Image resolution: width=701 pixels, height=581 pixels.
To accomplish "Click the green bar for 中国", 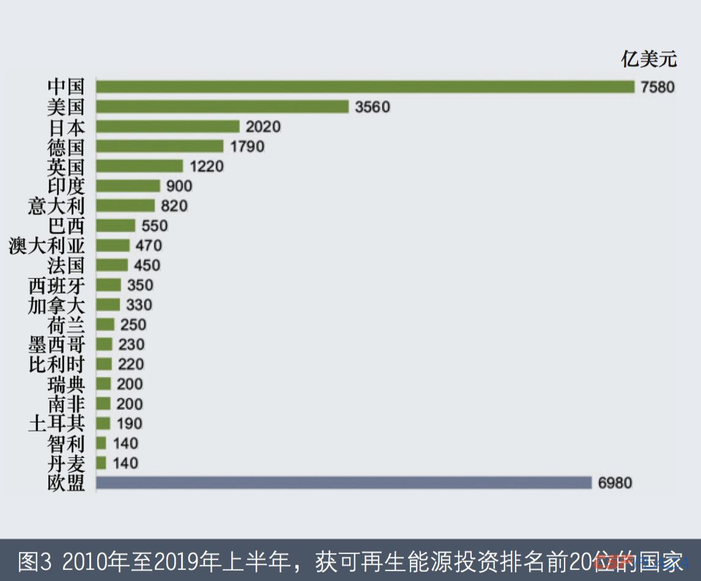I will (x=365, y=87).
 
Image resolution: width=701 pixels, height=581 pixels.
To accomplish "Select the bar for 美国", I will (x=222, y=107).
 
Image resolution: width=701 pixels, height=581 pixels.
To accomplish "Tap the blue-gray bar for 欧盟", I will (x=344, y=483).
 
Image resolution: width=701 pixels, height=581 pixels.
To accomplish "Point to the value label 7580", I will (x=658, y=87).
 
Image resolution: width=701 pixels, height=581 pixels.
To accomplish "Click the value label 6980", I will (x=615, y=483).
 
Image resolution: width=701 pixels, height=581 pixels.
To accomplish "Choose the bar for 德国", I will (x=160, y=147).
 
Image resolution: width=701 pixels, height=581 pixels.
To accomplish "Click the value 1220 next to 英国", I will (x=207, y=166).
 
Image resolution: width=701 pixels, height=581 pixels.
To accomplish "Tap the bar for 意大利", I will (x=125, y=206).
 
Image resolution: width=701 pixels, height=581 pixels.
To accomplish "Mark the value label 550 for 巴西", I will (x=154, y=226).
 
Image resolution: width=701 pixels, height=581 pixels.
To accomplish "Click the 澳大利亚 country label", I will (x=47, y=246).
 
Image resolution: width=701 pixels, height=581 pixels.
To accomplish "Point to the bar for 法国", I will (x=112, y=265).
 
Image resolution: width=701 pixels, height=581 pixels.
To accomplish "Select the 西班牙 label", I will (x=57, y=286).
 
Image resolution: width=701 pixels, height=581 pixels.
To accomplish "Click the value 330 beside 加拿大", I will (x=139, y=305).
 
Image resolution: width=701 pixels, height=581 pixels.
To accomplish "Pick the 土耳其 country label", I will (x=57, y=424).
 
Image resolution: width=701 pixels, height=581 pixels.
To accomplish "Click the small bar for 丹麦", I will (x=102, y=463).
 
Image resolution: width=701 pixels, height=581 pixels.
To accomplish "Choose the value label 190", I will (x=129, y=424).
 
